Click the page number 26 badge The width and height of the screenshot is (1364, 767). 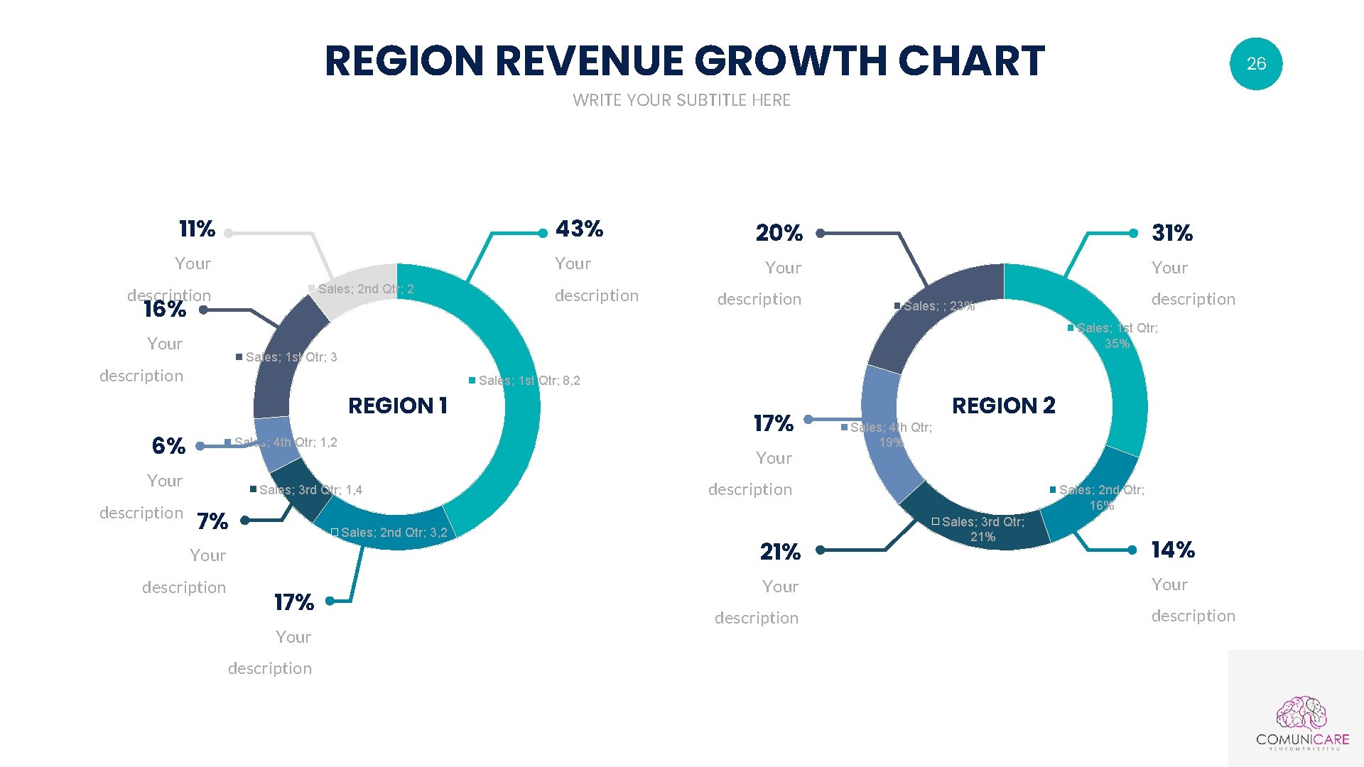1255,64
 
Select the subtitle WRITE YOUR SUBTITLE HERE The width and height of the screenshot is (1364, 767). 681,100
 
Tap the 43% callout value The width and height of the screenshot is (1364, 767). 579,229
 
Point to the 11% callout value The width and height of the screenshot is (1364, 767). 197,229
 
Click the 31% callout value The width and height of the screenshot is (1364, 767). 1171,233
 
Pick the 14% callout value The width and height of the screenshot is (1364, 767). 1172,550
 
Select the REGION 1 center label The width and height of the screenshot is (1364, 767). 397,406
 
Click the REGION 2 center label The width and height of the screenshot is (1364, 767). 1003,406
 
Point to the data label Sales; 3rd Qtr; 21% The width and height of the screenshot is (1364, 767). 983,529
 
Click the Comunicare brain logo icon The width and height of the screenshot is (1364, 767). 1301,713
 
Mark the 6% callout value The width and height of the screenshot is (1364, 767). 168,446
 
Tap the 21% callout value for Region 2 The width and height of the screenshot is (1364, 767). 779,552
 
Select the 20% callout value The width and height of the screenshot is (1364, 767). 779,233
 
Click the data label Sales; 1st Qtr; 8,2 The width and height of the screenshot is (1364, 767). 529,381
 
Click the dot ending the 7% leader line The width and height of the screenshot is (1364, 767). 245,521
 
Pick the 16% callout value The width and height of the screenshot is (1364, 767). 164,309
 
